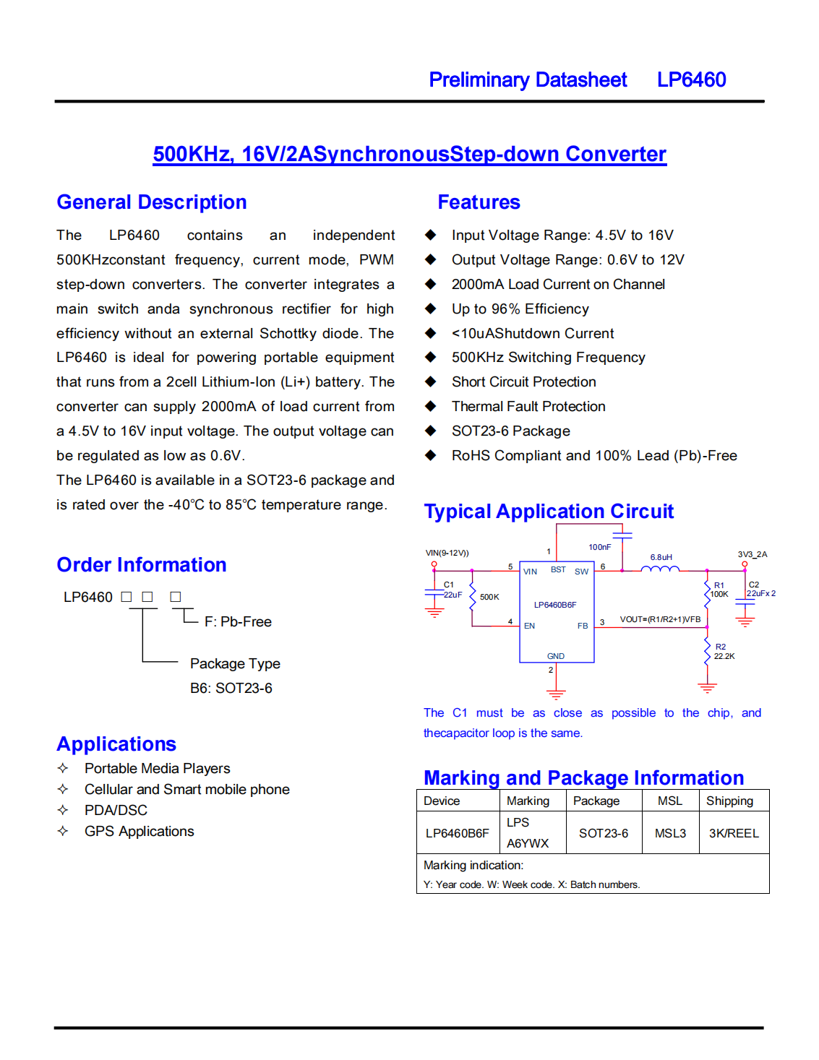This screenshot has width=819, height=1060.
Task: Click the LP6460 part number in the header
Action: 691,79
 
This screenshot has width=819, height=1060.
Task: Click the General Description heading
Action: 152,202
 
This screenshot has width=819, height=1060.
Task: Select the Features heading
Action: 479,202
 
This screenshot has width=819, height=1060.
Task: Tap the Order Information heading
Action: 142,565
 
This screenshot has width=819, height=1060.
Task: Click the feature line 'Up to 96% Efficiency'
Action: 520,309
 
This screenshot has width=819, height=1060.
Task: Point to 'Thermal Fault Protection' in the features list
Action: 528,407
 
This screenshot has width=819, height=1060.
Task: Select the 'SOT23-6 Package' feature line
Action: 510,431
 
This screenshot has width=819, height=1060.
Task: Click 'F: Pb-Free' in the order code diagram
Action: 238,622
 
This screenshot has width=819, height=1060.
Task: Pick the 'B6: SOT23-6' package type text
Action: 231,689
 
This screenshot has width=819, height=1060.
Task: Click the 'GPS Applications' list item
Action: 139,832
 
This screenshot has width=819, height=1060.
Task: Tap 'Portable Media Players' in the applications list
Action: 157,769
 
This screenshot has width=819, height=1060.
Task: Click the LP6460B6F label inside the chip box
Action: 555,605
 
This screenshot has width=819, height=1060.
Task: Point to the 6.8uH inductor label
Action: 661,557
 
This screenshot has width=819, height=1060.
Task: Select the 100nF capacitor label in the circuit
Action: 599,547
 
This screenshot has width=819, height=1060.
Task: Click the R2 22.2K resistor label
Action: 724,652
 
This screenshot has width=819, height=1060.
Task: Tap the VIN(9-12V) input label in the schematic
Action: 447,553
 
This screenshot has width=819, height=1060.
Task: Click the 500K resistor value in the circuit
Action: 489,597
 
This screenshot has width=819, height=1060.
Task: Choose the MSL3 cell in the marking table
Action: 670,833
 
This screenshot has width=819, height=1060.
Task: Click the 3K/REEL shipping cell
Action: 734,833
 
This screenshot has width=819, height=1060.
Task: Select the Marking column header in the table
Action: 528,801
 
